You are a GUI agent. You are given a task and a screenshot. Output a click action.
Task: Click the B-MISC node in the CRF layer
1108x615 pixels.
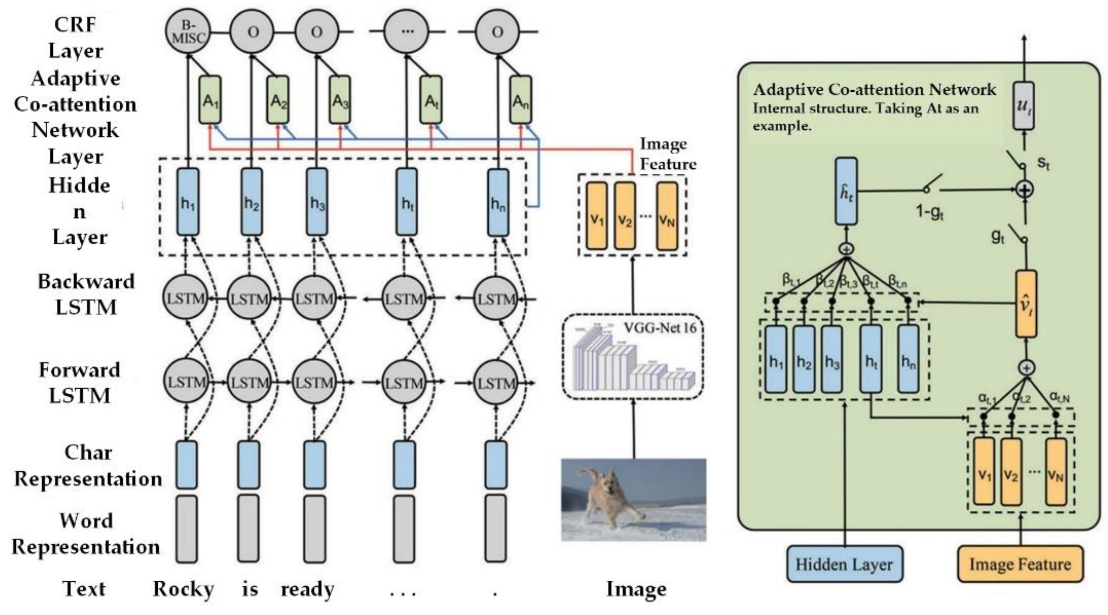(187, 32)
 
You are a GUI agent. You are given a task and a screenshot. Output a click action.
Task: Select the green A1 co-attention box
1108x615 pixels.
(210, 100)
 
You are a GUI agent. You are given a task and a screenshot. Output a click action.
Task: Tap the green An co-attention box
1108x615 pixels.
(520, 100)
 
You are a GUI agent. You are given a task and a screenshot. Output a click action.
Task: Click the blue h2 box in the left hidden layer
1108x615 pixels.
(252, 202)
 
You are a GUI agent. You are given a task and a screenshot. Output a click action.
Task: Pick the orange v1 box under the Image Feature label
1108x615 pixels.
(597, 216)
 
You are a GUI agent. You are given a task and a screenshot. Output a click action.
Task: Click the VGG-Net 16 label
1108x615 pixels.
(660, 328)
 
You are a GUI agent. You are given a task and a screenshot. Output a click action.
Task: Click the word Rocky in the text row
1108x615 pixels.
(183, 589)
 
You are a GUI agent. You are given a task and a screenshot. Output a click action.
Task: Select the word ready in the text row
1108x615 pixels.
(307, 589)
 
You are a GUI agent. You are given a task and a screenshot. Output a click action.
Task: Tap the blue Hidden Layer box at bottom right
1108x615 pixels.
(844, 564)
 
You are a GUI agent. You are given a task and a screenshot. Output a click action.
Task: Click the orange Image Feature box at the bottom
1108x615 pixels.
(1020, 564)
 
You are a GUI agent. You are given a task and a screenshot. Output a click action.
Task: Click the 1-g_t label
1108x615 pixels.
(929, 212)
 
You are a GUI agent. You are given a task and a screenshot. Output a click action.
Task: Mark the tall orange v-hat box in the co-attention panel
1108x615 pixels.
(1026, 304)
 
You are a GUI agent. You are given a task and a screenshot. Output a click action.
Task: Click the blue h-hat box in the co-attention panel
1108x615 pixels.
(846, 191)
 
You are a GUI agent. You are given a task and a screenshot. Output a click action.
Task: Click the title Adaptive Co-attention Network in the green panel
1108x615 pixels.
(874, 90)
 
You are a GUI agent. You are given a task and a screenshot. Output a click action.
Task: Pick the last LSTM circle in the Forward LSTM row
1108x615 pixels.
(496, 382)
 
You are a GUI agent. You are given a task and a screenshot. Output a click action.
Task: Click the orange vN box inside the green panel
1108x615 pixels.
(1056, 471)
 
